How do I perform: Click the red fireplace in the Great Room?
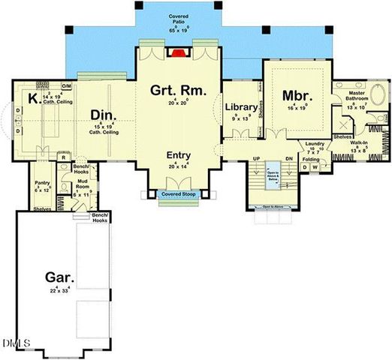coord(178,53)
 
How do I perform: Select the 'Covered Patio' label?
coord(178,16)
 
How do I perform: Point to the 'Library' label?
coord(241,108)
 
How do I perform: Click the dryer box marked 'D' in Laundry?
coord(304,167)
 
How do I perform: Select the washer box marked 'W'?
coord(316,167)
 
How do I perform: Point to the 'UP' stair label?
coord(255,159)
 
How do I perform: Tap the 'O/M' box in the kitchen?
coord(66,85)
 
